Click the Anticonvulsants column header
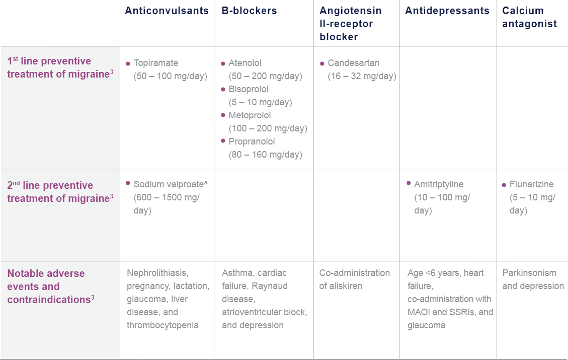tap(167, 11)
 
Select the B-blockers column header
tap(249, 11)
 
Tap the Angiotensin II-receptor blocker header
tap(350, 24)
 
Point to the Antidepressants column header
tap(447, 11)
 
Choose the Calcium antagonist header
tap(529, 17)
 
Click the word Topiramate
tap(156, 63)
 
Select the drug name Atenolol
tap(245, 63)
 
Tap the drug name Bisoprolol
tap(249, 89)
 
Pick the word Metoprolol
tap(250, 115)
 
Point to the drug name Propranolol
tap(252, 141)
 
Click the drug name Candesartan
tap(354, 63)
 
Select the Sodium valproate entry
tap(168, 184)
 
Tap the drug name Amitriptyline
tap(439, 184)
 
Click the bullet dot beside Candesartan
tap(322, 64)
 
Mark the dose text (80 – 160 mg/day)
tap(265, 155)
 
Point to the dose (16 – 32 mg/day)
tap(362, 76)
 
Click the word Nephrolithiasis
tap(157, 273)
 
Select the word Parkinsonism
tap(529, 273)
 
